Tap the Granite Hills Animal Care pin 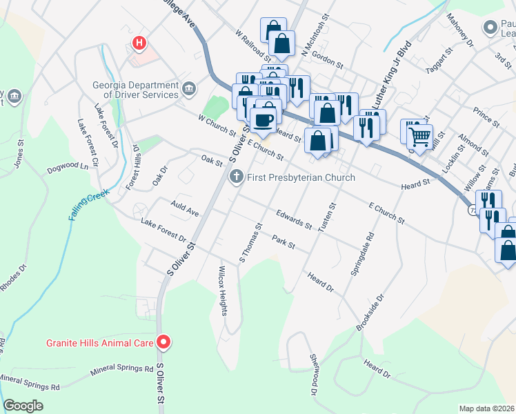pyautogui.click(x=163, y=342)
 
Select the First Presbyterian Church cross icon pyautogui.click(x=237, y=177)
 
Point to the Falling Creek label pyautogui.click(x=89, y=206)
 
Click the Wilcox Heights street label pyautogui.click(x=223, y=290)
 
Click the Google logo pyautogui.click(x=23, y=405)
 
